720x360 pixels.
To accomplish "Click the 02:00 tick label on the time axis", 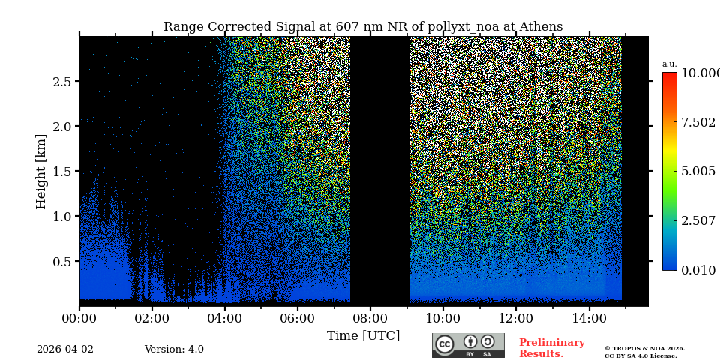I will coord(151,319).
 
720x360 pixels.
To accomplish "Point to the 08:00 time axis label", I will coord(370,319).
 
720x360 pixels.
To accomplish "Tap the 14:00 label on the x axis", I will coord(589,319).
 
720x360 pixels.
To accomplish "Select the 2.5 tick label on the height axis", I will coord(61,81).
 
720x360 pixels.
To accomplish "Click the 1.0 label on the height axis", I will coord(61,216).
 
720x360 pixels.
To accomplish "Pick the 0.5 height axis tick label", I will coord(61,261).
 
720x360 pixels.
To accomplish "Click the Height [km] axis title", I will coord(41,171).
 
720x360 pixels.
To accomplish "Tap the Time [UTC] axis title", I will coord(363,335).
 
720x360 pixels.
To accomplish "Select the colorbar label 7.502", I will coord(697,122).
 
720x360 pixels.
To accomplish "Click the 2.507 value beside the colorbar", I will coord(697,220).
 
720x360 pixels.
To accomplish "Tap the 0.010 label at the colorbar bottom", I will coord(697,270).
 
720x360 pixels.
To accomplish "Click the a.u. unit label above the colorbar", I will coord(669,64).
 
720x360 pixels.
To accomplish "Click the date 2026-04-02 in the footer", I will coord(65,349).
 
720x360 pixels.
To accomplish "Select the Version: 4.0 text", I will coord(174,349).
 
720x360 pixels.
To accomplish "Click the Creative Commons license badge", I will coord(468,345).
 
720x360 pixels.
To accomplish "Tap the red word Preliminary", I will coord(551,343).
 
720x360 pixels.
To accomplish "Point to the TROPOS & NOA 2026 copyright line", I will coord(644,348).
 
